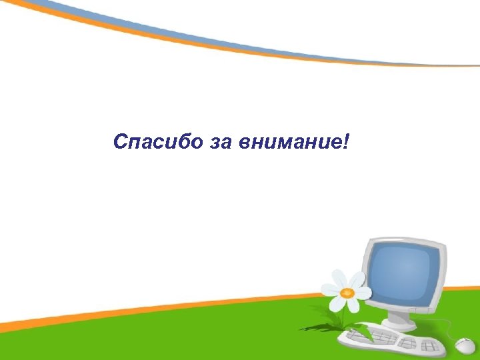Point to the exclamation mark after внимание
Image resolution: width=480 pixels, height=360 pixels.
(x=345, y=141)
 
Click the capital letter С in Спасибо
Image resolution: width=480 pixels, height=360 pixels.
(x=119, y=142)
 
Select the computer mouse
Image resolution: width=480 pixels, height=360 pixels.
(x=465, y=345)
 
